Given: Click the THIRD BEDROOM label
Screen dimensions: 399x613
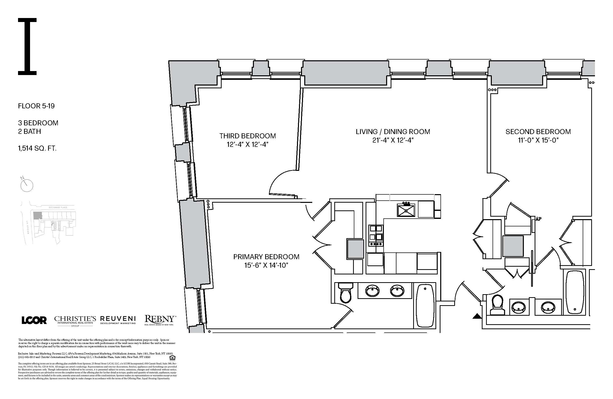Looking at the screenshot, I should [247, 136].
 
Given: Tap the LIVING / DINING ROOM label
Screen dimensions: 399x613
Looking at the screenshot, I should [393, 132].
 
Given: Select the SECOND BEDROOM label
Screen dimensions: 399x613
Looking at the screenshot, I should [538, 132].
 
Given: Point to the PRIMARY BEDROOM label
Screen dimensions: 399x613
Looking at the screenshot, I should [266, 257].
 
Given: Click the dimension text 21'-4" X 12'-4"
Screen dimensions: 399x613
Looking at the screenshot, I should [393, 140].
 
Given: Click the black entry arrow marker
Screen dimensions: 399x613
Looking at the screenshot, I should [477, 316].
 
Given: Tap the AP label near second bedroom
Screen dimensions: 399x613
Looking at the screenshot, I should [538, 219].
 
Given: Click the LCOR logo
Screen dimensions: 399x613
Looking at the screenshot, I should [34, 320].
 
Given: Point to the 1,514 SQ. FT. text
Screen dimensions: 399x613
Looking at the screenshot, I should [37, 148].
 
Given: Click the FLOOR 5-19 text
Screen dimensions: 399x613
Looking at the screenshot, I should [36, 106].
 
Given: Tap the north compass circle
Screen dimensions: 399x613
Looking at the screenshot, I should [27, 185].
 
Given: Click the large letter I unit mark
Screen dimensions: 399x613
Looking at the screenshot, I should [27, 47].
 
